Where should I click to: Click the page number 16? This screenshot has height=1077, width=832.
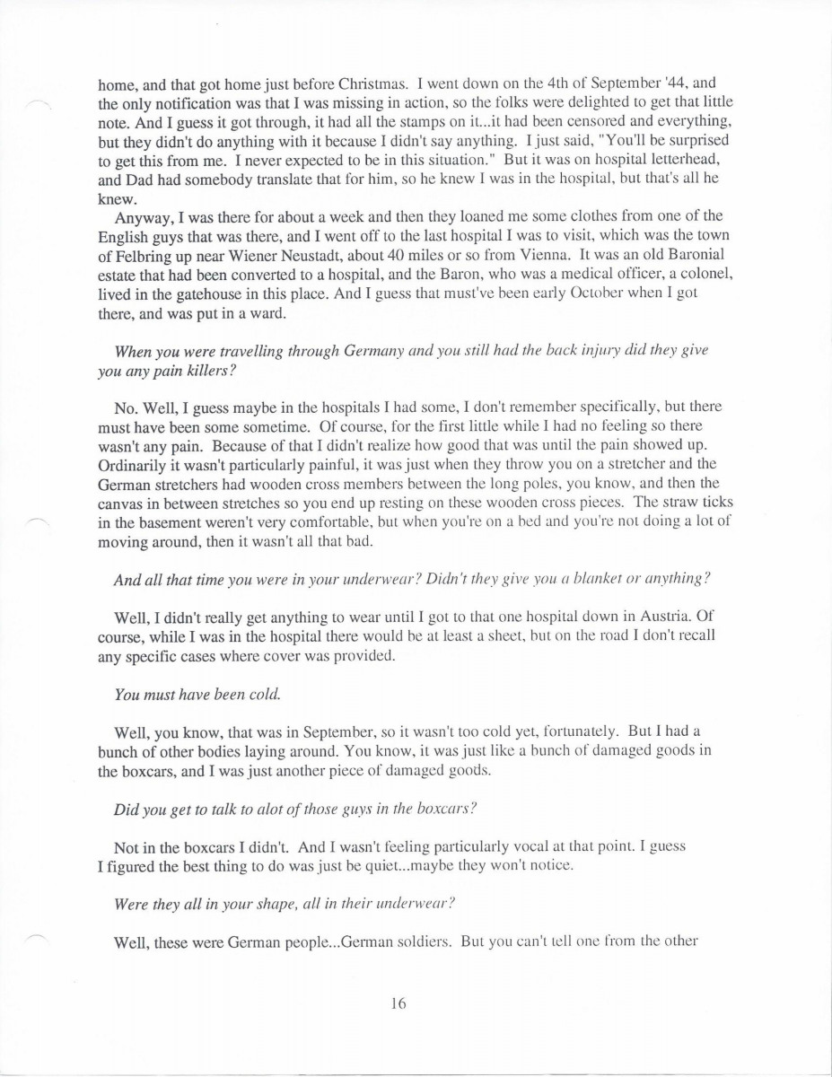[398, 1004]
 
